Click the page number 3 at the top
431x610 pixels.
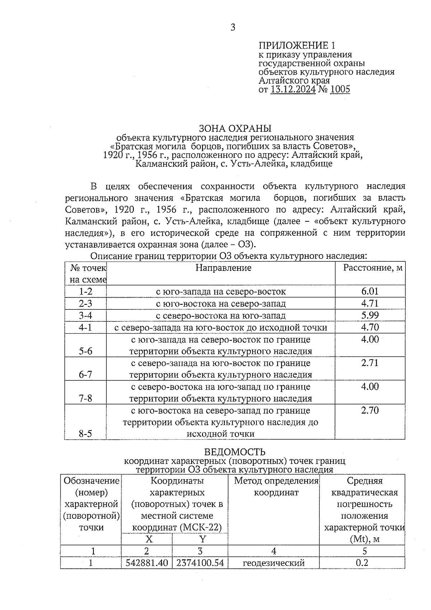coord(233,27)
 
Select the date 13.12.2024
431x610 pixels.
coord(293,89)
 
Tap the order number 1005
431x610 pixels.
coord(340,89)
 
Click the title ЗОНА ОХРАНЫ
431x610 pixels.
coord(235,128)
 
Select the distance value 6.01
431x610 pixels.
coord(370,291)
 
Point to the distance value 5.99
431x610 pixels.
coord(370,315)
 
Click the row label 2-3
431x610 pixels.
coord(85,303)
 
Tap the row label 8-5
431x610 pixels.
coord(85,434)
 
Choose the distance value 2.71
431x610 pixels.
coord(370,363)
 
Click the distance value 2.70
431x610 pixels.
coord(370,410)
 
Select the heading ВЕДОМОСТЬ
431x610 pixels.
coord(235,452)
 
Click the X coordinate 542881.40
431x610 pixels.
coord(147,563)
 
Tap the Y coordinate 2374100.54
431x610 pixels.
coord(200,563)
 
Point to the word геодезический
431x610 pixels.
coord(274,563)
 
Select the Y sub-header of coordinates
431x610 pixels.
coord(203,539)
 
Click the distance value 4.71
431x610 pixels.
coord(370,303)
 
